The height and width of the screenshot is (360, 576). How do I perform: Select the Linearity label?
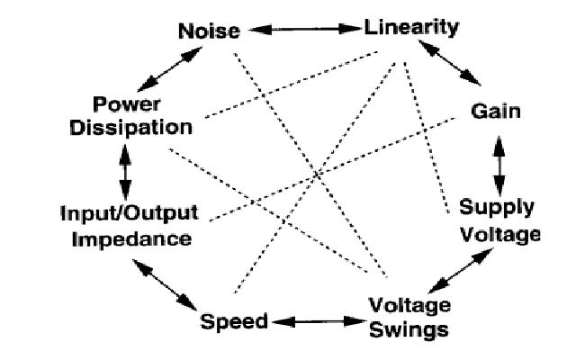point(411,27)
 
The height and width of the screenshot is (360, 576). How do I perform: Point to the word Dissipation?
point(139,126)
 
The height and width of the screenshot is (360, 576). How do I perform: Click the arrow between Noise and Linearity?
point(303,29)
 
